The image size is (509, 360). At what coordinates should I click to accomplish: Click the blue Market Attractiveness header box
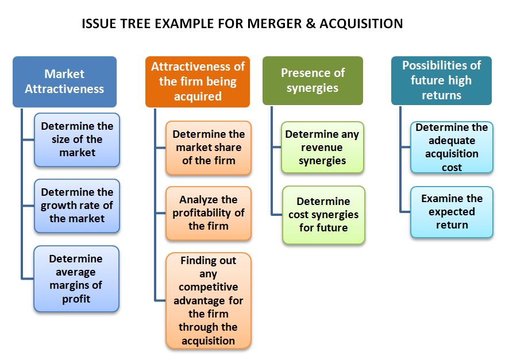pyautogui.click(x=64, y=82)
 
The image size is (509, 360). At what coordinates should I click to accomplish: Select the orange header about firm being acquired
pyautogui.click(x=198, y=82)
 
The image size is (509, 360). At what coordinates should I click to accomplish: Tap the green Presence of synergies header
pyautogui.click(x=313, y=80)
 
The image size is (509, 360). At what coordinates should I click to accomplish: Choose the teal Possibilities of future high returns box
pyautogui.click(x=441, y=80)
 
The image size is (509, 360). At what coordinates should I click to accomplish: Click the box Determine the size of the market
pyautogui.click(x=77, y=140)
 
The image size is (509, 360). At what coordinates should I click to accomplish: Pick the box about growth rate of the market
pyautogui.click(x=77, y=206)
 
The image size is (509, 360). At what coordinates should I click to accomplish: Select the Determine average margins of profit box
pyautogui.click(x=76, y=278)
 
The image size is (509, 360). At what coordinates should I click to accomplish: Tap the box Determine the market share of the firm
pyautogui.click(x=209, y=148)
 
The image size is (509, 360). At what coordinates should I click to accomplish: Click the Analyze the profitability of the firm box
pyautogui.click(x=209, y=213)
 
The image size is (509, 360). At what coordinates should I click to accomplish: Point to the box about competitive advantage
pyautogui.click(x=209, y=300)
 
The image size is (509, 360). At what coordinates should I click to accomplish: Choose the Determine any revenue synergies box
pyautogui.click(x=322, y=148)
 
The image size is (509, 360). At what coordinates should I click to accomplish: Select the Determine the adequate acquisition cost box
pyautogui.click(x=452, y=148)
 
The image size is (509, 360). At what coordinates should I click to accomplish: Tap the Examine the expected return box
pyautogui.click(x=452, y=212)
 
